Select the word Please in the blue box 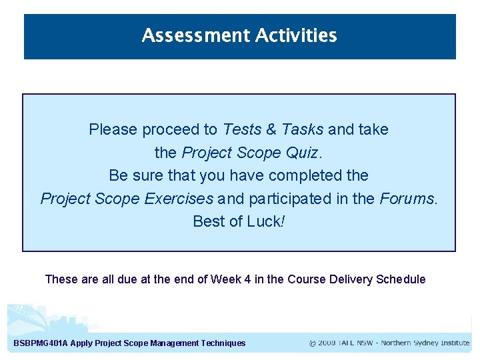(112, 129)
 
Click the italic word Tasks (302, 129)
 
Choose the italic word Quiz (303, 153)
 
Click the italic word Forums (409, 198)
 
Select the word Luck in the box (265, 221)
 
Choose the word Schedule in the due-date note (401, 279)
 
